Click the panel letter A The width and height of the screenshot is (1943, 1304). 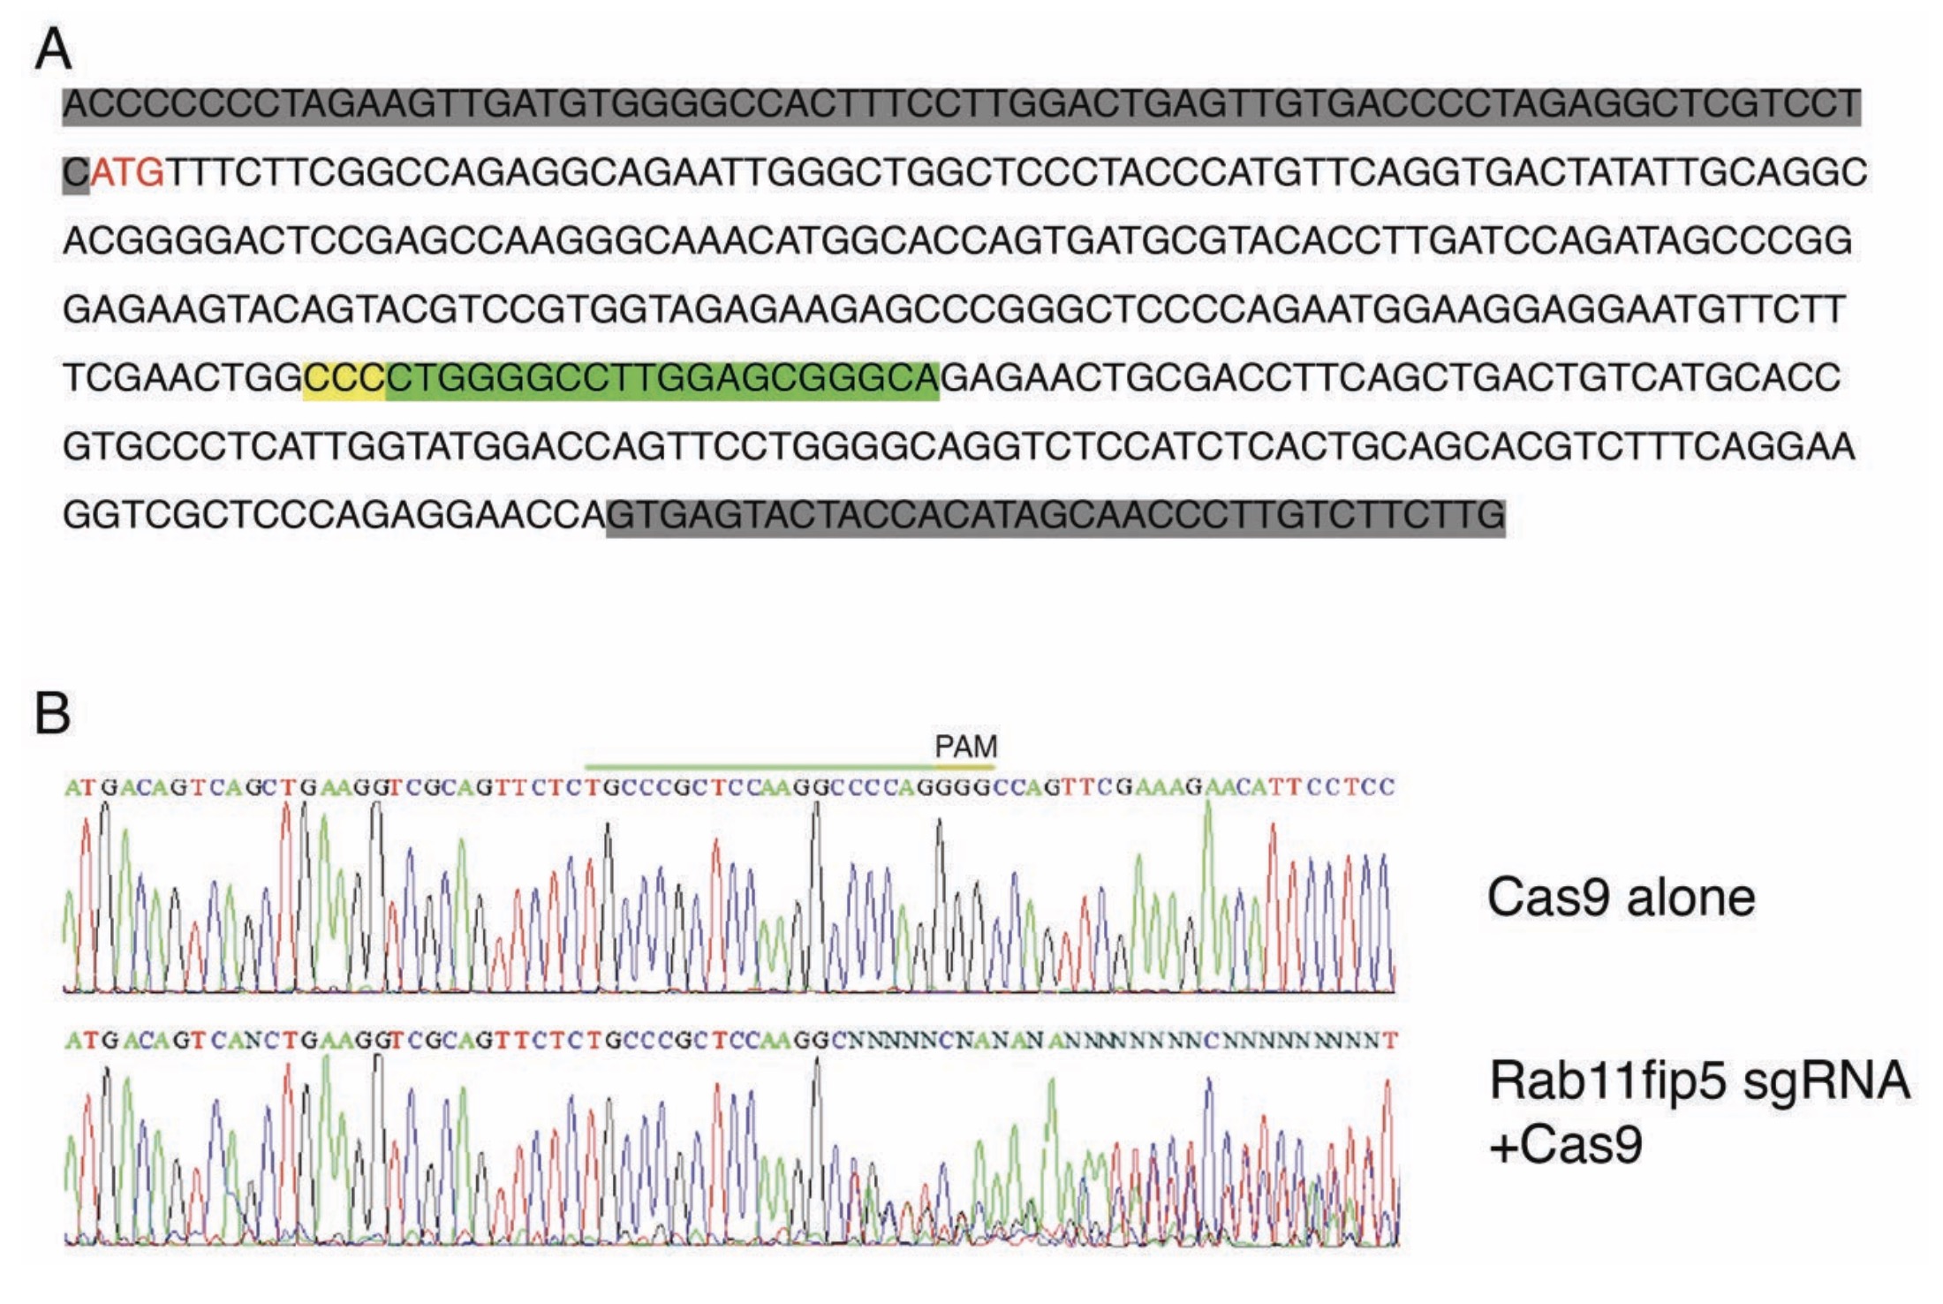(x=53, y=49)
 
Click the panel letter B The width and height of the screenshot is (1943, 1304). (x=52, y=712)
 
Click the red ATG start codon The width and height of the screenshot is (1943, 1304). (x=127, y=172)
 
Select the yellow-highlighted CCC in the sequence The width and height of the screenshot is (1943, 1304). (x=344, y=379)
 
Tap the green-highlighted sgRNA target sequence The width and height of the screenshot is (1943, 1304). (x=662, y=379)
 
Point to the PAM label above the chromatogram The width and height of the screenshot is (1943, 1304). (x=965, y=747)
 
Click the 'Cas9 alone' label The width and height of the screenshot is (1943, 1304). (x=1621, y=898)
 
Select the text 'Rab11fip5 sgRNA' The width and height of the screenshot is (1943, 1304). (x=1699, y=1080)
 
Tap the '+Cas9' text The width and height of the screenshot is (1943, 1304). (x=1566, y=1144)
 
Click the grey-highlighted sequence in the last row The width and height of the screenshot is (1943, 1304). (x=1056, y=516)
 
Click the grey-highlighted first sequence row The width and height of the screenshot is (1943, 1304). (x=962, y=105)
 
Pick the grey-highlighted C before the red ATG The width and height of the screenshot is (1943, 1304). (x=76, y=173)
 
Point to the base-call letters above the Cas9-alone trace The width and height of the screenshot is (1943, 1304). (x=730, y=786)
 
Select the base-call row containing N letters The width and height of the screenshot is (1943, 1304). (x=731, y=1041)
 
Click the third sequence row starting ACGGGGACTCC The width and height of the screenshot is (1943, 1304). (x=957, y=241)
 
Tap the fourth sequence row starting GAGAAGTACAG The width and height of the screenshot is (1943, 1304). (x=954, y=310)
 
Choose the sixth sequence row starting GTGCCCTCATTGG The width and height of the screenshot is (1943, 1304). (x=958, y=447)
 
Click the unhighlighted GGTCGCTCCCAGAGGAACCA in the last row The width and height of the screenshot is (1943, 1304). (x=335, y=516)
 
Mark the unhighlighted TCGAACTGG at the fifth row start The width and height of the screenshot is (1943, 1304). (x=183, y=379)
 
